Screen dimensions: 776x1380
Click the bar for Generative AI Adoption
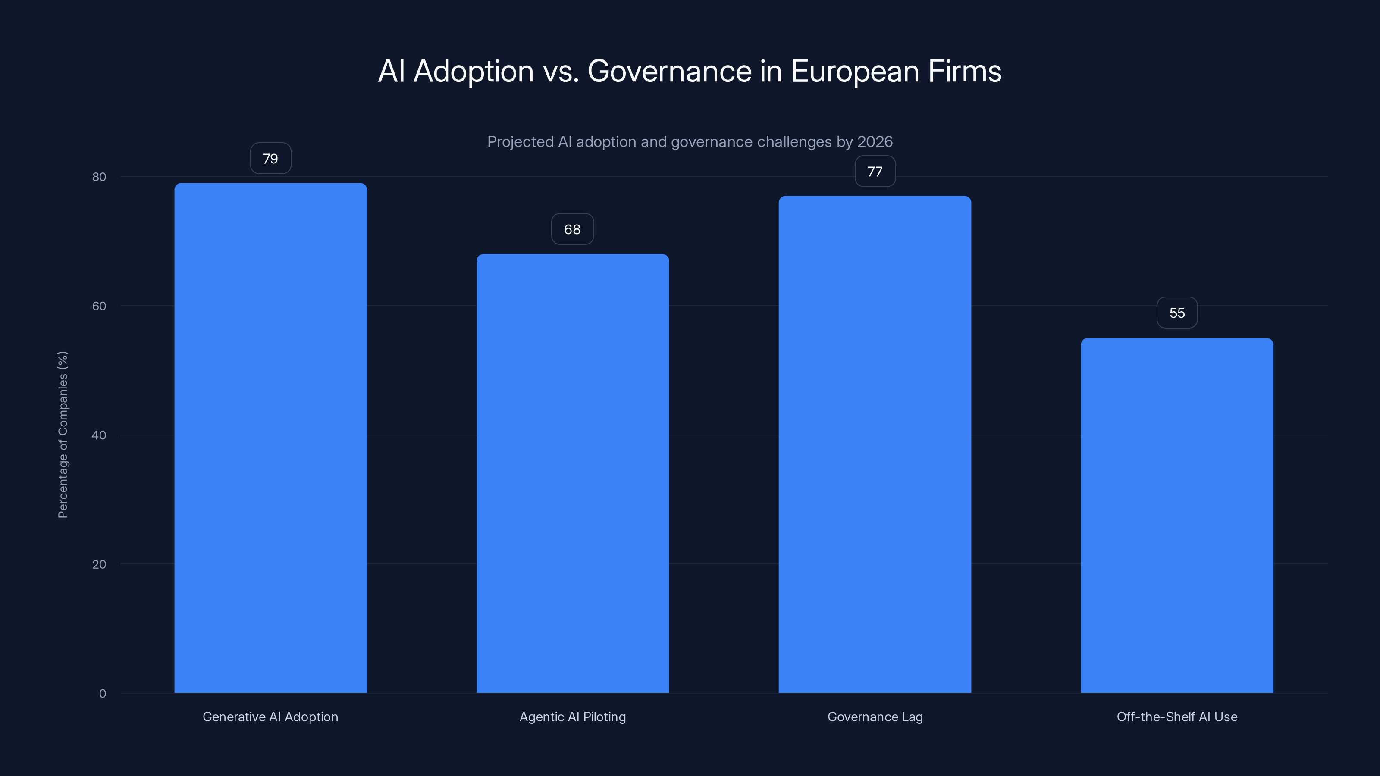270,438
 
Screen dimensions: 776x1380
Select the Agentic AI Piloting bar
573,473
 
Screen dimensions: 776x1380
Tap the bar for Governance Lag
875,444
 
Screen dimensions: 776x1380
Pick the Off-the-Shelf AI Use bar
1177,515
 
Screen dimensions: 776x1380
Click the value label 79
270,159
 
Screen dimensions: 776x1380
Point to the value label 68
573,229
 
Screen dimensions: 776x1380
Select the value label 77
875,172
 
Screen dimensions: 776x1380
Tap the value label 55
1177,313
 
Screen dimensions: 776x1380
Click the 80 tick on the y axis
99,177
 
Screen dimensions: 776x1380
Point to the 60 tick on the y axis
99,306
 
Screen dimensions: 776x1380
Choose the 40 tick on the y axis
99,435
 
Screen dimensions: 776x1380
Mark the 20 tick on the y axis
99,564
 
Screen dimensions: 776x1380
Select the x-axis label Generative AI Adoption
270,717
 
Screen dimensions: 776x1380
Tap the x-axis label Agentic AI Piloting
573,717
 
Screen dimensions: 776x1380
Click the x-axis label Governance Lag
875,717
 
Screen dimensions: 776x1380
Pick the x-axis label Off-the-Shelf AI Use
1177,717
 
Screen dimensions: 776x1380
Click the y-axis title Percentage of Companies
63,434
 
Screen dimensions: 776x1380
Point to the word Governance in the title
670,71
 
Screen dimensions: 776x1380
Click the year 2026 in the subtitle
875,142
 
